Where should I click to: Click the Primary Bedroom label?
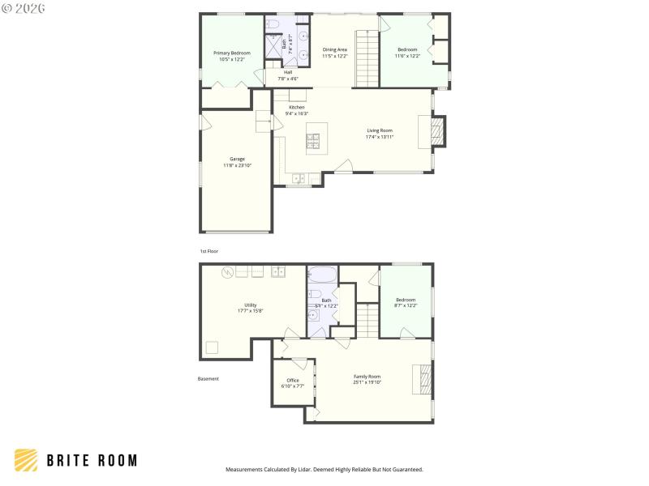coord(232,53)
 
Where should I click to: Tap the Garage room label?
coord(237,159)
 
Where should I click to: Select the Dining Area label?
coord(334,49)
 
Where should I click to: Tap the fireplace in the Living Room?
coord(436,132)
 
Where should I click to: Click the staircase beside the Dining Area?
coord(367,59)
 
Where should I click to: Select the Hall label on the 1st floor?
coord(288,72)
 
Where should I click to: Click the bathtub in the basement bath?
coord(321,275)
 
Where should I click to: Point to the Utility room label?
coord(250,305)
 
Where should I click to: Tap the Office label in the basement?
coord(293,380)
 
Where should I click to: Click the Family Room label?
coord(367,376)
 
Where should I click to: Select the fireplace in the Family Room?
coord(423,378)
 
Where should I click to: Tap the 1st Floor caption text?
coord(209,251)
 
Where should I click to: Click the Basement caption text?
coord(208,378)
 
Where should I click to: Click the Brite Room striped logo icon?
coord(26,460)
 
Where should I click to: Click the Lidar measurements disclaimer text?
coord(324,469)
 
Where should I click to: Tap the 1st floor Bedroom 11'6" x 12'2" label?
coord(407,49)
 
